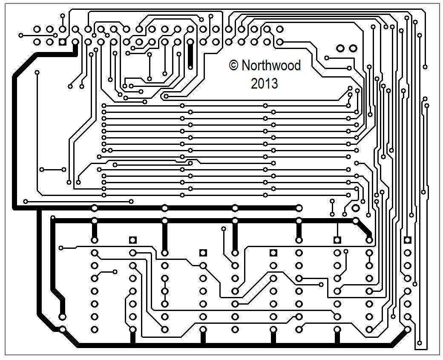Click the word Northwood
[x=271, y=66]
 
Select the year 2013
[x=264, y=84]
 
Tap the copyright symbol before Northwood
[x=233, y=65]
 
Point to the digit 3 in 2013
[x=274, y=84]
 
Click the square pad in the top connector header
[x=62, y=42]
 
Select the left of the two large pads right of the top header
[x=340, y=48]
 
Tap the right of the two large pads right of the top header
[x=353, y=48]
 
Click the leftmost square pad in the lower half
[x=132, y=240]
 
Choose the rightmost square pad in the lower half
[x=408, y=240]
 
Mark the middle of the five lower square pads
[x=273, y=253]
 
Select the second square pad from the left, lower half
[x=203, y=253]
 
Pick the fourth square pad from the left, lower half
[x=337, y=240]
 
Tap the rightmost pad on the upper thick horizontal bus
[x=299, y=208]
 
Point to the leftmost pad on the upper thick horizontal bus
[x=94, y=208]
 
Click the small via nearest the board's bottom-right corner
[x=420, y=343]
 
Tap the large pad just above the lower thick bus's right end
[x=355, y=208]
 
